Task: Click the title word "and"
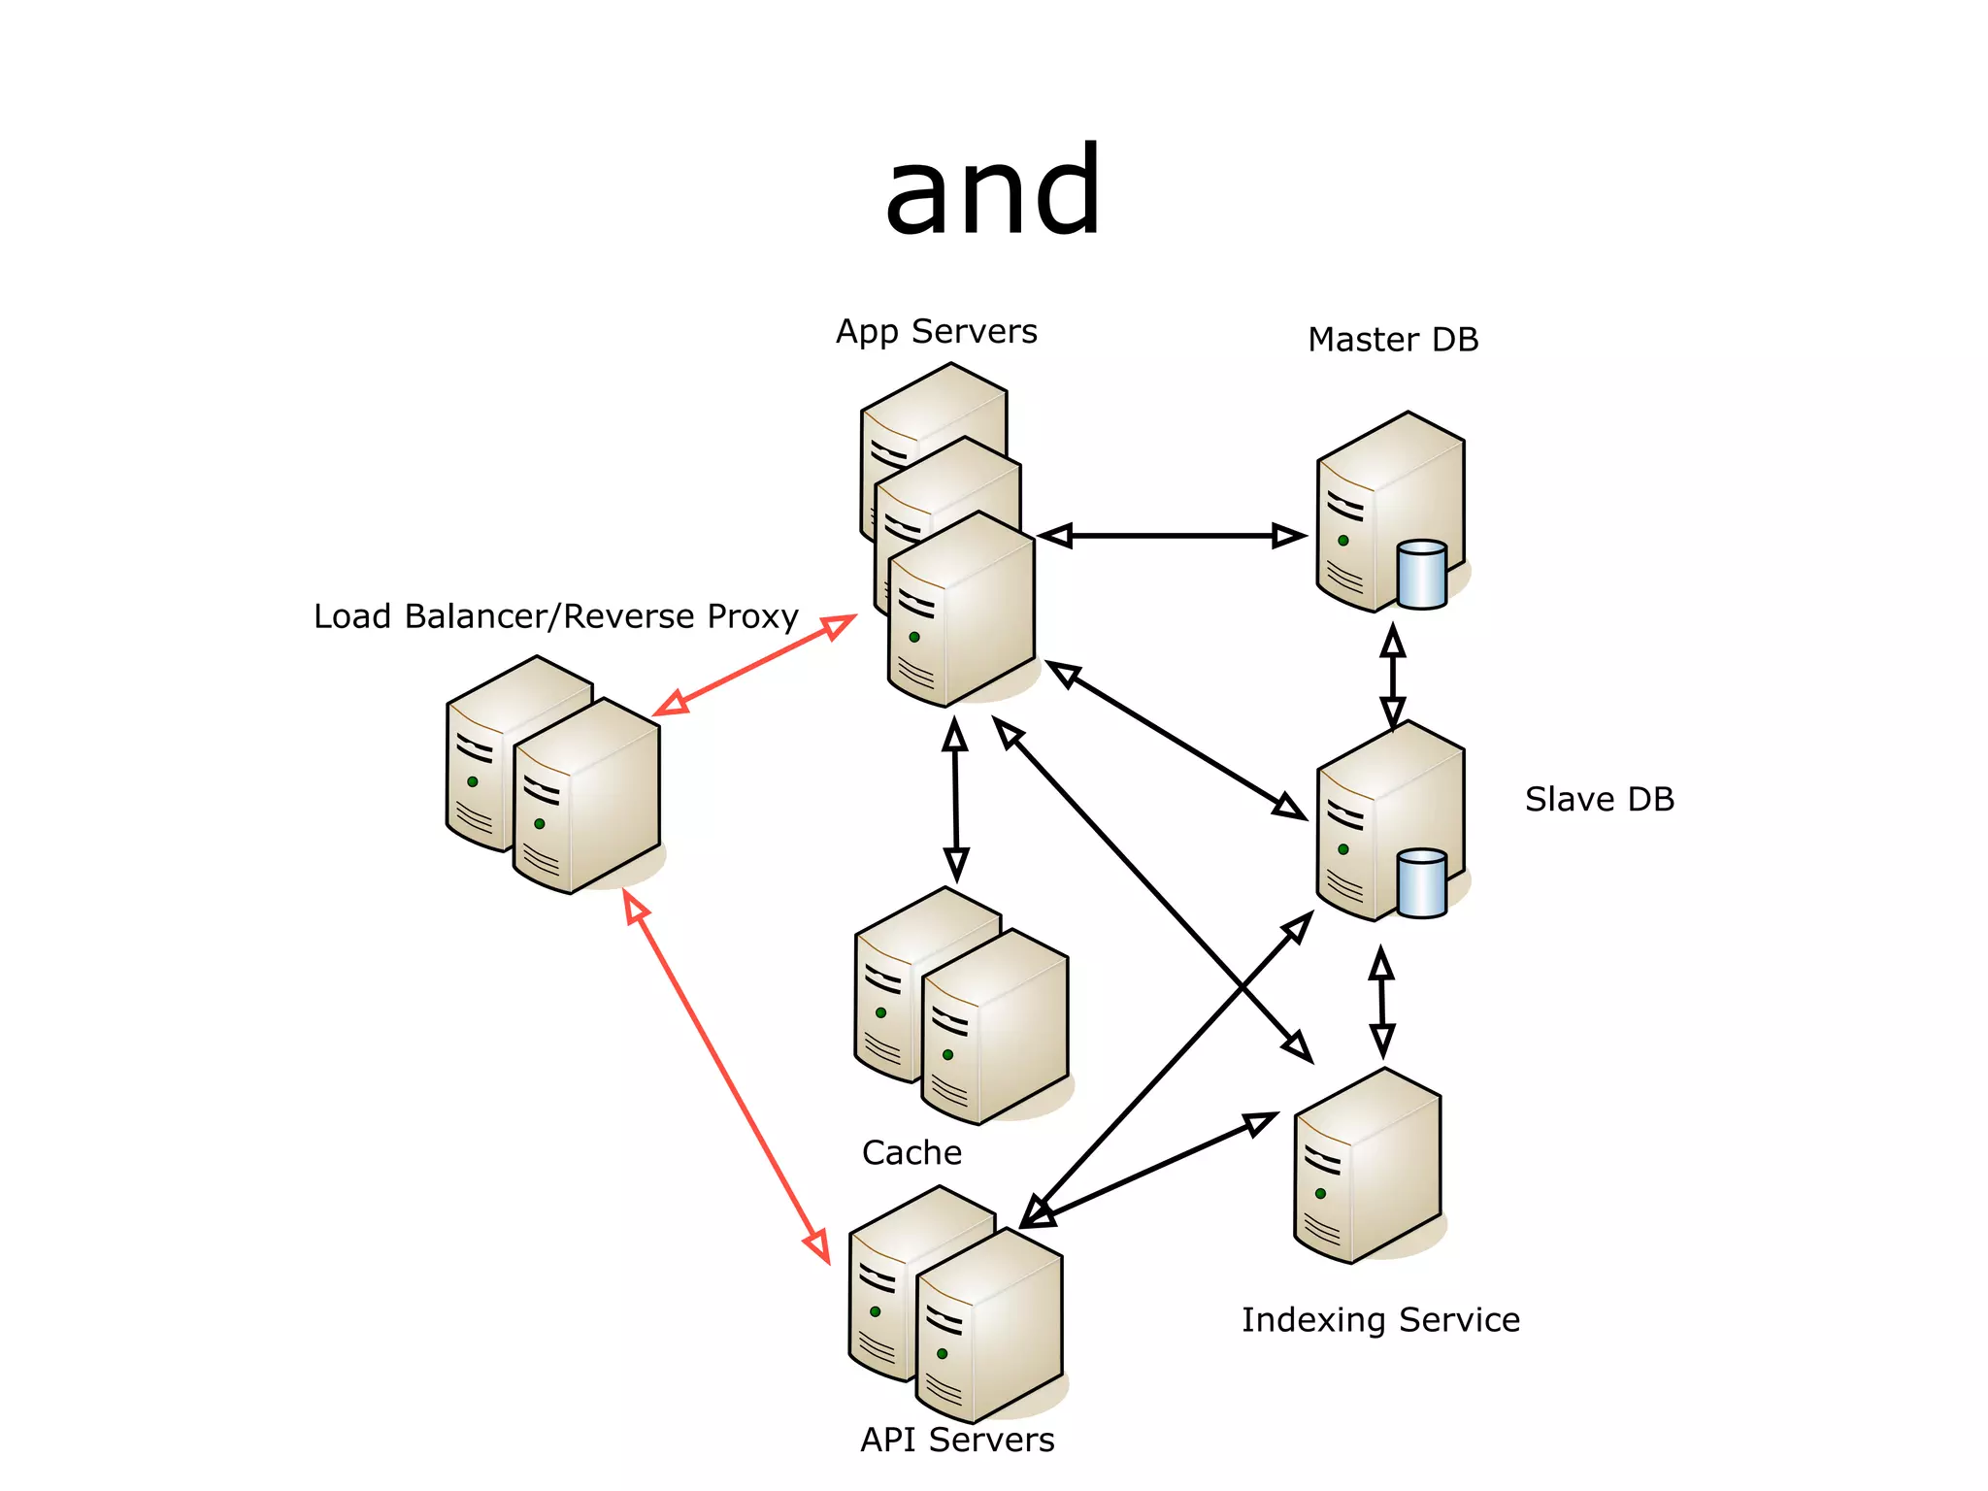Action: point(993,191)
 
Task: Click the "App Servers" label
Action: point(936,332)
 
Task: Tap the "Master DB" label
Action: point(1392,340)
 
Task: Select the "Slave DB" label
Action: point(1599,799)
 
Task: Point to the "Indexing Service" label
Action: point(1379,1320)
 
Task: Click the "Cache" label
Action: point(911,1152)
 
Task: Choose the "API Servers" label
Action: point(956,1440)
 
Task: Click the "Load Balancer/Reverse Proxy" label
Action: point(555,616)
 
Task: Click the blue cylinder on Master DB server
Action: point(1422,575)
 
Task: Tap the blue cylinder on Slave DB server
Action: point(1422,883)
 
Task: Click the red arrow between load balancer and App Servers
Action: point(754,665)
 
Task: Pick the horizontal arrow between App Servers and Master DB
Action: point(1172,536)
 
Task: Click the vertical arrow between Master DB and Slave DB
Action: point(1393,677)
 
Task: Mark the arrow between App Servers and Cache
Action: point(955,800)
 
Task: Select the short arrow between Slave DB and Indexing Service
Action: point(1382,1003)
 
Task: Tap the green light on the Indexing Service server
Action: point(1320,1193)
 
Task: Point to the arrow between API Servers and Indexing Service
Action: point(1150,1170)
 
